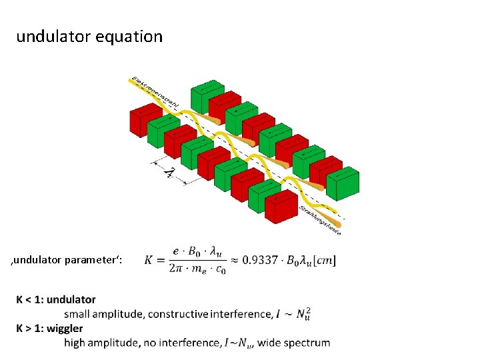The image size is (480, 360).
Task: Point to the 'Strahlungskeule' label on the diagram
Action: [320, 219]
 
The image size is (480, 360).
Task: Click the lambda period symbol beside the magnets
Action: [170, 172]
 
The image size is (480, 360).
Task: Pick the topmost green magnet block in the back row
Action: [207, 97]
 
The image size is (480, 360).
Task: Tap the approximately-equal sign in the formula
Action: [235, 260]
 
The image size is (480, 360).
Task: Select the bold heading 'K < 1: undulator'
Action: [56, 300]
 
